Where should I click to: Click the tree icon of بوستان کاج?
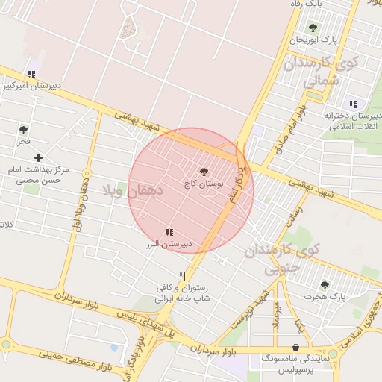(x=204, y=172)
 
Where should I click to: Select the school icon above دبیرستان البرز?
(x=169, y=233)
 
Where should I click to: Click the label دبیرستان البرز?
(x=169, y=244)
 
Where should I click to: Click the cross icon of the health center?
(x=38, y=157)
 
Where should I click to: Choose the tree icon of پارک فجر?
(x=24, y=129)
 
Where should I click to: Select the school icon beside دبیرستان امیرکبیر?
(x=31, y=75)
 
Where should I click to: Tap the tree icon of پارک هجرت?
(x=324, y=285)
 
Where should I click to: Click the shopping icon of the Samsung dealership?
(x=297, y=347)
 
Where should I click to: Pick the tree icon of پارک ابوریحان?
(x=312, y=28)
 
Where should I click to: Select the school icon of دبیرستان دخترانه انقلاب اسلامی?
(x=352, y=104)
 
